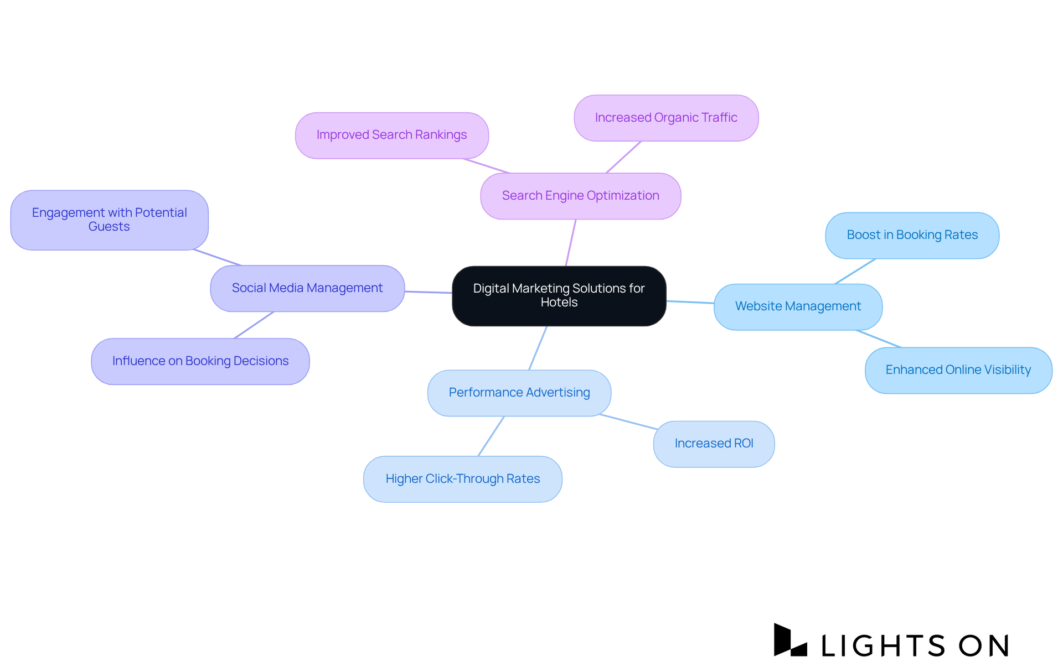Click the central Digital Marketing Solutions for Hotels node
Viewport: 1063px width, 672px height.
(559, 296)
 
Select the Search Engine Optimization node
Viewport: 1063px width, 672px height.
(580, 196)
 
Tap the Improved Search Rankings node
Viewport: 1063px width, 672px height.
(391, 136)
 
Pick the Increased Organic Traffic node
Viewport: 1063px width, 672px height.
(665, 118)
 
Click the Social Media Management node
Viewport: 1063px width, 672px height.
(307, 288)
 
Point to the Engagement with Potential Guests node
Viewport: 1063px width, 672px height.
(109, 220)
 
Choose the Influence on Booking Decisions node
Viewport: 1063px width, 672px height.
(200, 361)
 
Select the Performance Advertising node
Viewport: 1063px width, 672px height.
(519, 393)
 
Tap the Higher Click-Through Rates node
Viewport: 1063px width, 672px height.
(462, 479)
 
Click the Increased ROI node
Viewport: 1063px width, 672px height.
(713, 444)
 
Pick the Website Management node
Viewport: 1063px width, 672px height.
(797, 306)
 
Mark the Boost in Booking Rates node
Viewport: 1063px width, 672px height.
(912, 235)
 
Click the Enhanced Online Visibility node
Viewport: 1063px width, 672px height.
(958, 370)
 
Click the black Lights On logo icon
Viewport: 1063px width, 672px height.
(789, 640)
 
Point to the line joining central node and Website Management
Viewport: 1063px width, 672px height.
(690, 302)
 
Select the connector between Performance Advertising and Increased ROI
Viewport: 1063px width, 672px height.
(628, 421)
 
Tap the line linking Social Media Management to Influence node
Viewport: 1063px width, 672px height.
(254, 325)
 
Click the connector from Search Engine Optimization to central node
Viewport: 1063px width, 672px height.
(571, 243)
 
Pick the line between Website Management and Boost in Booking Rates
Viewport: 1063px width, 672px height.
(855, 271)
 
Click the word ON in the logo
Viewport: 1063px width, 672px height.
(984, 645)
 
